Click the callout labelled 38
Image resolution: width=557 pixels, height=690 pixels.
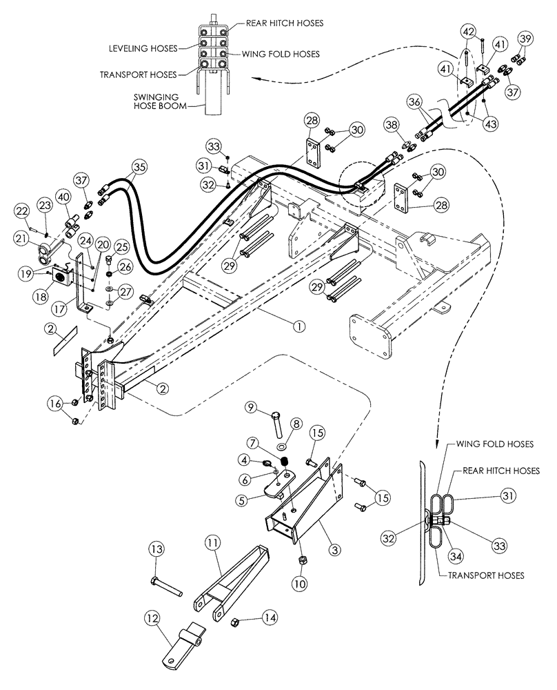coord(392,125)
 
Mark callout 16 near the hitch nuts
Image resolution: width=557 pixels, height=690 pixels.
coord(55,402)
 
